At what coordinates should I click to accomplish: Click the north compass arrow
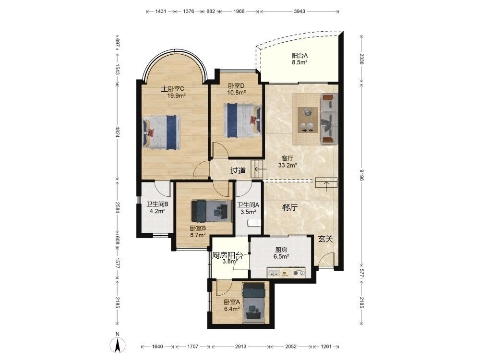pos(118,345)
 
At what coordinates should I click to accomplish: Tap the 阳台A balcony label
pos(300,56)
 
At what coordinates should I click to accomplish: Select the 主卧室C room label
pos(173,89)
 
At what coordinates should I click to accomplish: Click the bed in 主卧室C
pos(161,132)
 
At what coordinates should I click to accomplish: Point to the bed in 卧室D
pos(242,120)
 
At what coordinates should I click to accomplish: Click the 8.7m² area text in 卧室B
pos(198,235)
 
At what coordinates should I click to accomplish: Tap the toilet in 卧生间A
pos(254,223)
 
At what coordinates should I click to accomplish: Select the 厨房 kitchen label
pos(281,250)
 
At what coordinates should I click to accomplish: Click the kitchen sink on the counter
pos(273,273)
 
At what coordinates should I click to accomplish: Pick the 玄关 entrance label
pos(325,239)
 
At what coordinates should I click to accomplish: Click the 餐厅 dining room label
pos(289,208)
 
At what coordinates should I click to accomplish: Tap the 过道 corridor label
pos(238,171)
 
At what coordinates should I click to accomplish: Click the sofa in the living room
pos(329,119)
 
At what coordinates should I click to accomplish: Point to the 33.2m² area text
pos(288,166)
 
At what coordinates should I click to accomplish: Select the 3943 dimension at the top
pos(300,12)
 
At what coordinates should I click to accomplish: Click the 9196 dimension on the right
pos(361,175)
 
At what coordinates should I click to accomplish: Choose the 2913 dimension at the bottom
pos(240,347)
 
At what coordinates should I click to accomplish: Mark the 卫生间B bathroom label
pos(157,204)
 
